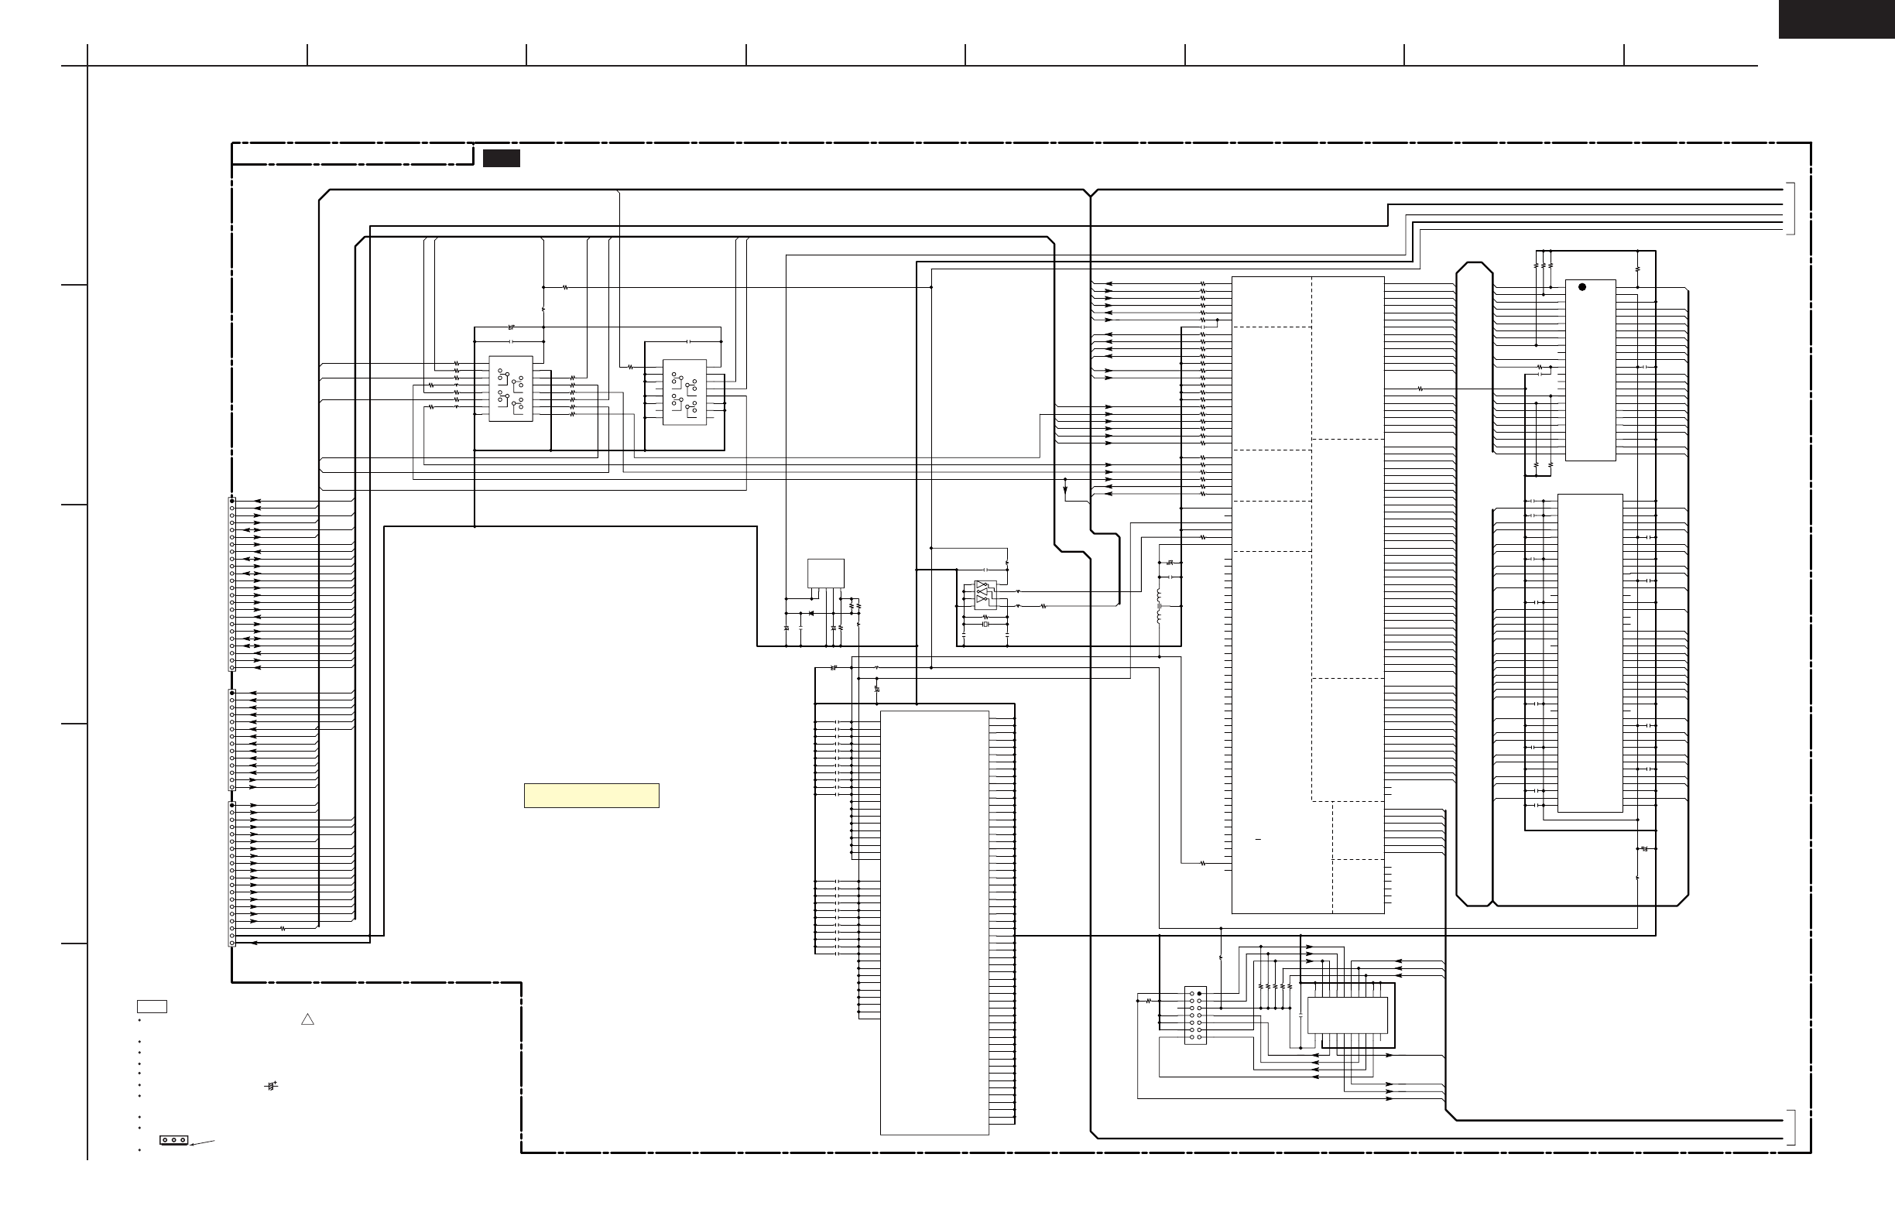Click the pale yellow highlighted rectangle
point(591,796)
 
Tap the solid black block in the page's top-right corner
point(1836,19)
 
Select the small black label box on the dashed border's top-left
point(501,159)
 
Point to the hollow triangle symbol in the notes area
point(307,1019)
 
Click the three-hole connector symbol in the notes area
point(173,1140)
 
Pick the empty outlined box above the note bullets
point(151,1006)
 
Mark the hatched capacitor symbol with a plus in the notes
point(272,1086)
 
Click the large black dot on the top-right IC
point(1581,287)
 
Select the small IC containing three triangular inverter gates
point(985,595)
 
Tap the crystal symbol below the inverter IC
point(985,625)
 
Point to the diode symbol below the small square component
point(810,614)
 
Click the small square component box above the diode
point(825,574)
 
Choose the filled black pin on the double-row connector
point(1199,995)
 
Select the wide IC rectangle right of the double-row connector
point(1347,1015)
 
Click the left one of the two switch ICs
point(510,389)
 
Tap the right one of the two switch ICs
point(684,392)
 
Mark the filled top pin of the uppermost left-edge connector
point(231,502)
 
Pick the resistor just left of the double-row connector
point(1148,1002)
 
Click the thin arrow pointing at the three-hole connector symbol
point(202,1143)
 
